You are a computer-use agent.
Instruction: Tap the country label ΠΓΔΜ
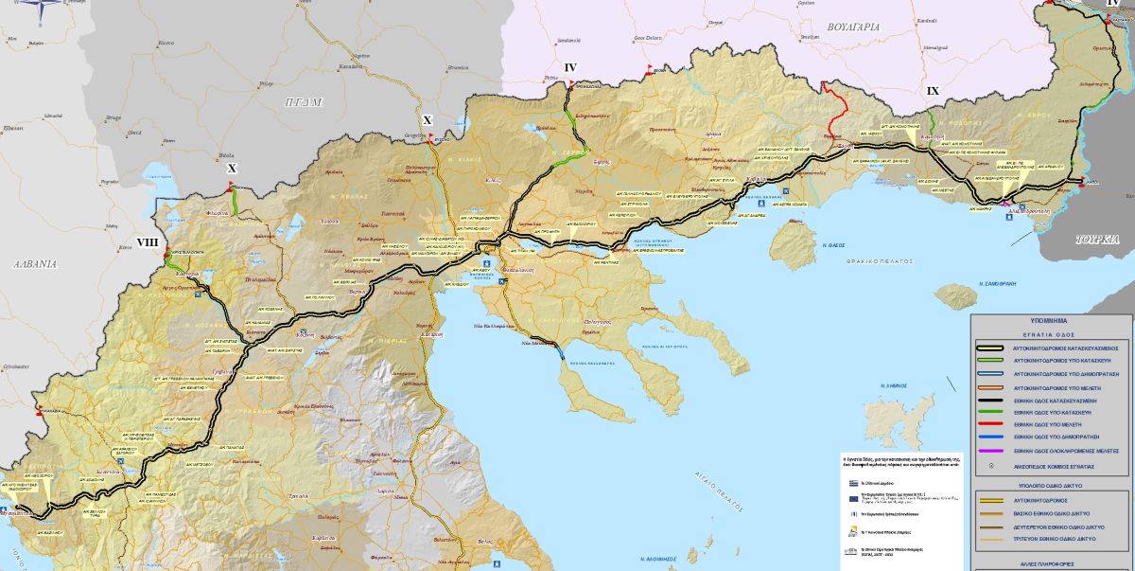(304, 101)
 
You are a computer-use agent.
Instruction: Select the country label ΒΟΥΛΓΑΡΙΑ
(847, 27)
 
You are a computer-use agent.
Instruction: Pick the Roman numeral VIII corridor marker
(148, 242)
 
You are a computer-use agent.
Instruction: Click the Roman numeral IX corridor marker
(933, 91)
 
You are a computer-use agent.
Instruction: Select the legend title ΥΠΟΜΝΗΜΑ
(1053, 322)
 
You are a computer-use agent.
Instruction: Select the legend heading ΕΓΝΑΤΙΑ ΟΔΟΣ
(1053, 334)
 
